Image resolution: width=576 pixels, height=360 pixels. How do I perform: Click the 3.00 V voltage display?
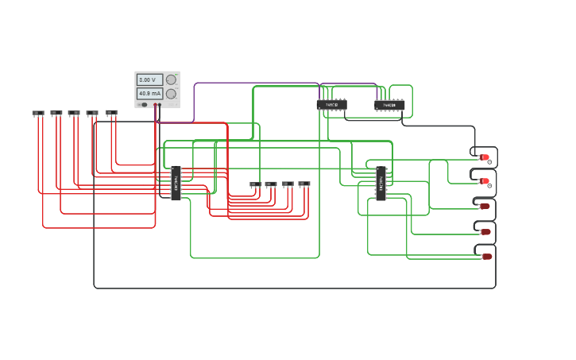(149, 80)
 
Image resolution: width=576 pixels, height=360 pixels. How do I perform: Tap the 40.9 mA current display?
(149, 94)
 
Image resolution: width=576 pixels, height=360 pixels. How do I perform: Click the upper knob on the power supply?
(171, 79)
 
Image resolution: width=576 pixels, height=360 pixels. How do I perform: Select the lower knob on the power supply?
(171, 94)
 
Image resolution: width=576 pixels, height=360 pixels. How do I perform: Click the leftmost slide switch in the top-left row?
(38, 113)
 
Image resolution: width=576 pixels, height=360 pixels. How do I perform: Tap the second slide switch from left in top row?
(56, 113)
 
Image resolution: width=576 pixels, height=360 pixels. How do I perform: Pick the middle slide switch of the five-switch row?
(74, 113)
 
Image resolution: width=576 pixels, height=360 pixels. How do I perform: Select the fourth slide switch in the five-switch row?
(92, 113)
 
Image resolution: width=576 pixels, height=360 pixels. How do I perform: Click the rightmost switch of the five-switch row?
(111, 113)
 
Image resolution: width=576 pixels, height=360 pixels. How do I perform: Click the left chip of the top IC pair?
(331, 105)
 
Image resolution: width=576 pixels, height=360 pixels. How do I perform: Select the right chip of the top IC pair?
(389, 105)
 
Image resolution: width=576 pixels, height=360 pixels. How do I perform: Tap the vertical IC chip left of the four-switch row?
(176, 183)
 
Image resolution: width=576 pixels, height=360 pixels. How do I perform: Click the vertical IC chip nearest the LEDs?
(381, 183)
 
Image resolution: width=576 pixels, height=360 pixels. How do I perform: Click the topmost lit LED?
(485, 157)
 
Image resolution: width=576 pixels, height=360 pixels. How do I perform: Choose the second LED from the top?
(485, 181)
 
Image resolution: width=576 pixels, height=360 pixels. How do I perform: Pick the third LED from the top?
(485, 206)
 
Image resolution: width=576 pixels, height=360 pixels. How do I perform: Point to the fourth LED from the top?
(485, 232)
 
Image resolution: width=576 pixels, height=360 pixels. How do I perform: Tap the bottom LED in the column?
(486, 257)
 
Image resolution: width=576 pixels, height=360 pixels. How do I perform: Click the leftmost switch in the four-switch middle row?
(255, 184)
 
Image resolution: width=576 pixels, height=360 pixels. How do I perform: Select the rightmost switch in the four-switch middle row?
(304, 184)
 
